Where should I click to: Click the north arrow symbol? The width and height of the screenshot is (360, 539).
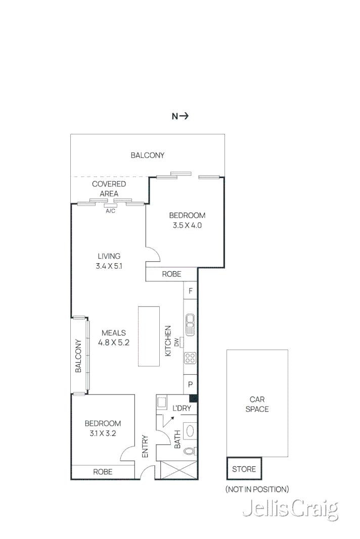(x=180, y=116)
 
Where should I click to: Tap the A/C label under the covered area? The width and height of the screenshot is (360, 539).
(x=110, y=211)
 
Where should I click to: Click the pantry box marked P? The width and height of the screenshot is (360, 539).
(x=191, y=384)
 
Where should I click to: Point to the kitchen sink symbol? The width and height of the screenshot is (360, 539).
(x=191, y=325)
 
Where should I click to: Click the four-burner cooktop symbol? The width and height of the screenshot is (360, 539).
(x=191, y=358)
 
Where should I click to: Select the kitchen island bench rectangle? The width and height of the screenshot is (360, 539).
(x=149, y=336)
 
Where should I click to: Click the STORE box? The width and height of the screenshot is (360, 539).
(x=244, y=469)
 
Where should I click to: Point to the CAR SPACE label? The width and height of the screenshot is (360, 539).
(x=257, y=404)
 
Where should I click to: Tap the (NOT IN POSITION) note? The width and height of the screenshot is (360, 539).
(x=257, y=489)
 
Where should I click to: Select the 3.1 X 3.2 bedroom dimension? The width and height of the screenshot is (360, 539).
(x=103, y=433)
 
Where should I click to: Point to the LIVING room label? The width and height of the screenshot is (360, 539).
(x=109, y=256)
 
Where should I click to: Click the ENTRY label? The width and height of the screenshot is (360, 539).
(x=145, y=447)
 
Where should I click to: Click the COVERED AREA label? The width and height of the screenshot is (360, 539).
(x=109, y=188)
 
